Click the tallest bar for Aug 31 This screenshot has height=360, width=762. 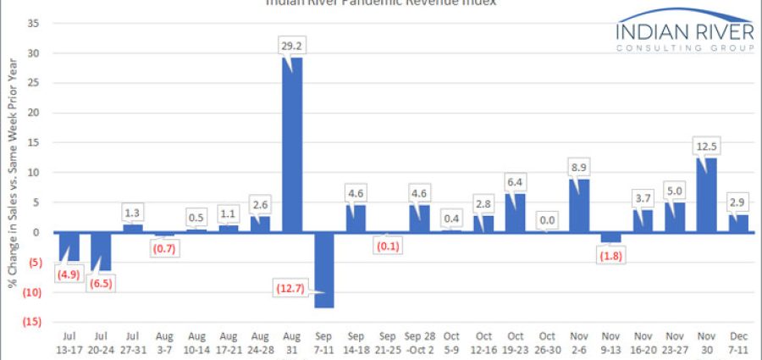292,144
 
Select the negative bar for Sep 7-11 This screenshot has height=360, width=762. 324,269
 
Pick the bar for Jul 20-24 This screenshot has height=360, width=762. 101,252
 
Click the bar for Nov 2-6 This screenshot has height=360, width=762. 580,205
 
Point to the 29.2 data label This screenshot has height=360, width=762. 292,45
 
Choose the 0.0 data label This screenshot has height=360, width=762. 548,219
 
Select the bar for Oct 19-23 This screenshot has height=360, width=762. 516,213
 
